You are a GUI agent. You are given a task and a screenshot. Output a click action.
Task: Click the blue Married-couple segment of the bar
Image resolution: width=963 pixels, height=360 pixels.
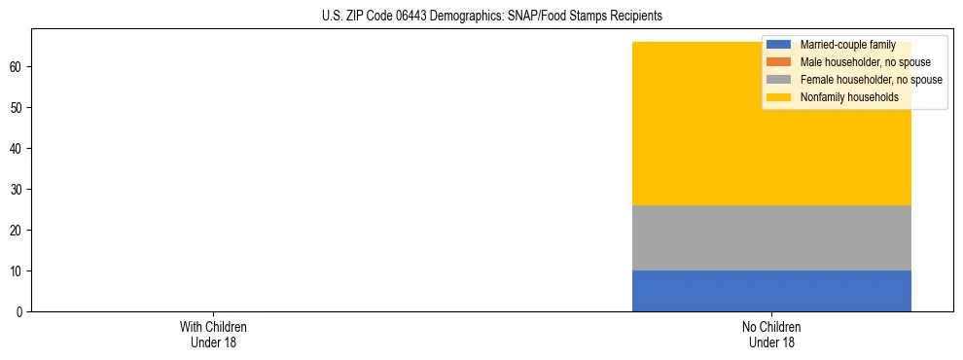click(771, 291)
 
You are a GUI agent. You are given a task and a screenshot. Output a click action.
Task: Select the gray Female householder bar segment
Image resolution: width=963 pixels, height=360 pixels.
click(771, 237)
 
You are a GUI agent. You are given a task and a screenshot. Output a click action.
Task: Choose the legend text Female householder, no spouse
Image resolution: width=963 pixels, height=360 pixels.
click(871, 80)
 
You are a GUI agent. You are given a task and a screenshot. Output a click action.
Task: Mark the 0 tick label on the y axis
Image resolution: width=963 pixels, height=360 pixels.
click(19, 311)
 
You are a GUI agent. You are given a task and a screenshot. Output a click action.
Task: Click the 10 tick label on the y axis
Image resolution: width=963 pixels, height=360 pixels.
click(17, 270)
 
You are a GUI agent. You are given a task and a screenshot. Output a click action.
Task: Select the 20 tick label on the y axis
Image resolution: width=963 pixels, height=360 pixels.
click(17, 230)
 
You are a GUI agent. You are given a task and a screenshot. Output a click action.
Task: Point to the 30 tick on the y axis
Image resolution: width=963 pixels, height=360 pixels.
click(17, 189)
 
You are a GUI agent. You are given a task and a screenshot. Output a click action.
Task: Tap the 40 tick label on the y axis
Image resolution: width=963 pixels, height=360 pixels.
click(17, 148)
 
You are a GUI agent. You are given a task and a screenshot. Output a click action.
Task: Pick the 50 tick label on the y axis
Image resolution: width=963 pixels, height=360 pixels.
click(17, 107)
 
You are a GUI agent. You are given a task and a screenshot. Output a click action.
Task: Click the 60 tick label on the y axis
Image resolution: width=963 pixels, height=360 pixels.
click(17, 66)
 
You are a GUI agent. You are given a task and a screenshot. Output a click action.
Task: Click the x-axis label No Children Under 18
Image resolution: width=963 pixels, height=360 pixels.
click(771, 335)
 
